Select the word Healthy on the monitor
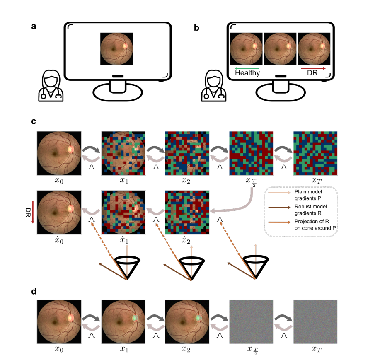click(x=247, y=73)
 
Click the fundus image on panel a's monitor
click(x=116, y=49)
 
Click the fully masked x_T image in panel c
click(x=315, y=153)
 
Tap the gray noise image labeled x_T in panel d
click(x=315, y=321)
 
